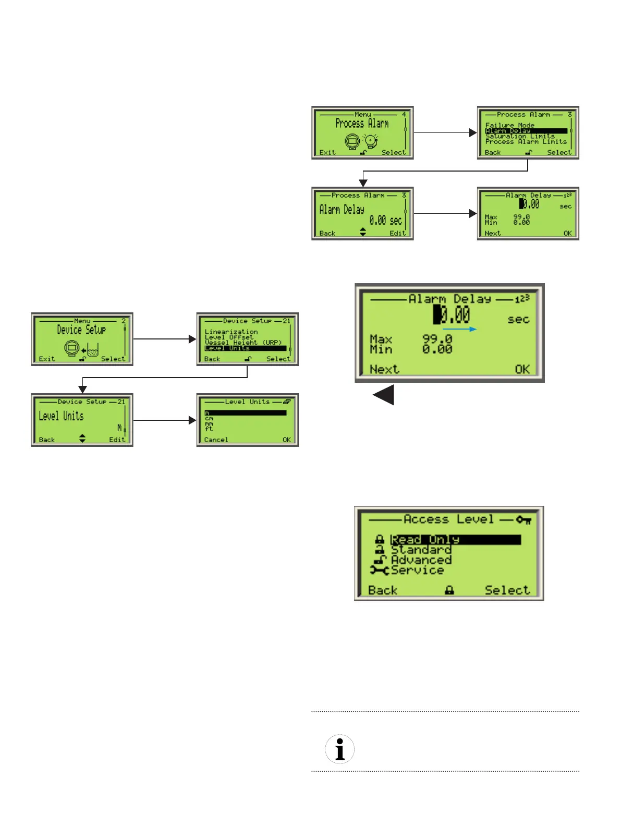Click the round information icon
pyautogui.click(x=339, y=749)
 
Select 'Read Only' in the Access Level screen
pyautogui.click(x=425, y=539)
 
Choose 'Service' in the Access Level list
pyautogui.click(x=417, y=570)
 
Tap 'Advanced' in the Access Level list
pyautogui.click(x=421, y=560)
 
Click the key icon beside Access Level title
pyautogui.click(x=523, y=519)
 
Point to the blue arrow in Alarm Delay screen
pyautogui.click(x=459, y=329)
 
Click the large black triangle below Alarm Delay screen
pyautogui.click(x=384, y=395)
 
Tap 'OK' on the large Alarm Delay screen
pyautogui.click(x=522, y=369)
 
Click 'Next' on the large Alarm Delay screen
pyautogui.click(x=384, y=369)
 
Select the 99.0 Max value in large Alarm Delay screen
pyautogui.click(x=437, y=339)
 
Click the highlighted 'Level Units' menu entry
pyautogui.click(x=227, y=348)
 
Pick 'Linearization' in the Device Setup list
pyautogui.click(x=231, y=332)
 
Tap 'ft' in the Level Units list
pyautogui.click(x=209, y=429)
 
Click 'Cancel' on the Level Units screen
pyautogui.click(x=216, y=440)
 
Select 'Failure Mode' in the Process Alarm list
pyautogui.click(x=509, y=125)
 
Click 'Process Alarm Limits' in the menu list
pyautogui.click(x=526, y=141)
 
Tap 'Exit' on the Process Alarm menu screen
pyautogui.click(x=327, y=152)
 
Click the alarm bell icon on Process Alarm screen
pyautogui.click(x=371, y=140)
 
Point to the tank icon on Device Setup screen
pyautogui.click(x=93, y=349)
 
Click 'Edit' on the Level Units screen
pyautogui.click(x=117, y=440)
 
